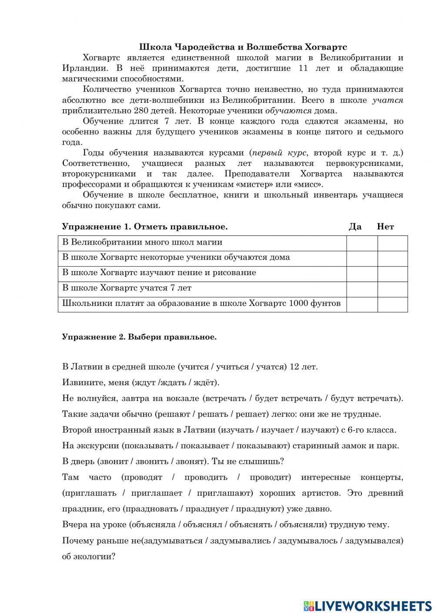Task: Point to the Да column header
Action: [355, 227]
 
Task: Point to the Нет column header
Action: [385, 227]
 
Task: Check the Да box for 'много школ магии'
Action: [361, 243]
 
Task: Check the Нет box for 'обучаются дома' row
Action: [392, 259]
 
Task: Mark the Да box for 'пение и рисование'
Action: [361, 274]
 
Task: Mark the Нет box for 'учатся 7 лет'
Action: [392, 289]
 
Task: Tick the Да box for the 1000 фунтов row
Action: [361, 304]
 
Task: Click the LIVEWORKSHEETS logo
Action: [367, 605]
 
